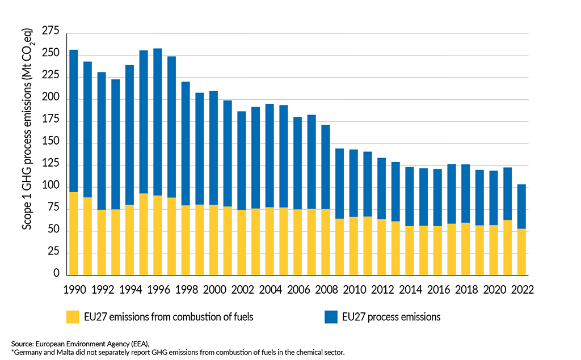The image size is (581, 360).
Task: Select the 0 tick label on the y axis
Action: (56, 273)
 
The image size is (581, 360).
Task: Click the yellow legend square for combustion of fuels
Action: (73, 317)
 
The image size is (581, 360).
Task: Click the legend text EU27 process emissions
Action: (391, 317)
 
